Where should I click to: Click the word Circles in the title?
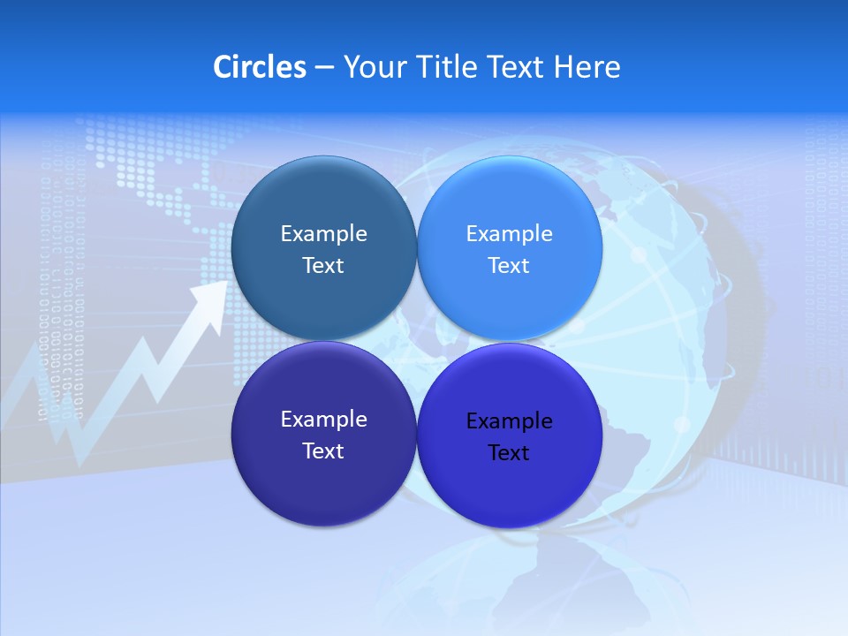tap(259, 67)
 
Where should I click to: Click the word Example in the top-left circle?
tap(323, 233)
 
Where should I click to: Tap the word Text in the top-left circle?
tap(323, 265)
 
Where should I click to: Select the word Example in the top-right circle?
tap(509, 233)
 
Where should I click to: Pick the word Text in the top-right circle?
tap(509, 265)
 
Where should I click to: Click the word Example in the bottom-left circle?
tap(323, 419)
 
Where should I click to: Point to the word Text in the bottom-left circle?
tap(323, 450)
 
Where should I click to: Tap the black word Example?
tap(509, 421)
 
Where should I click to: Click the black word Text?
tap(509, 453)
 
